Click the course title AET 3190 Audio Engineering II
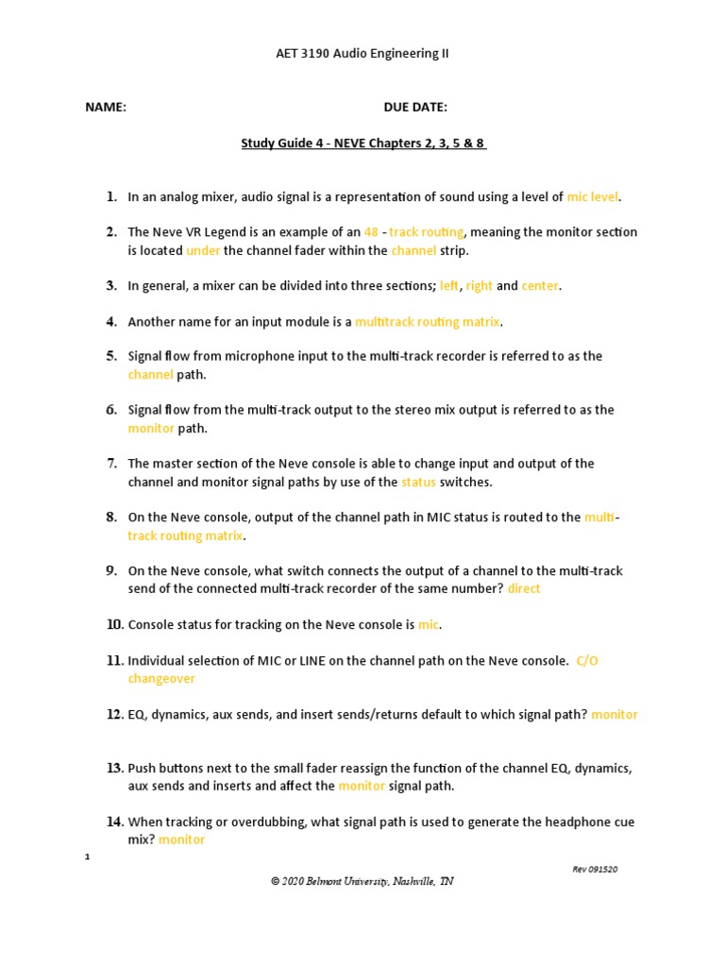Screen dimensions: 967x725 click(362, 54)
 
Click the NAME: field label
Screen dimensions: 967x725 click(106, 108)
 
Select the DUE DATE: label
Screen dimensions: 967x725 click(415, 108)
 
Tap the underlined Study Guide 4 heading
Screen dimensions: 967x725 click(363, 144)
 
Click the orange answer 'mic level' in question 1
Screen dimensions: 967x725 click(593, 197)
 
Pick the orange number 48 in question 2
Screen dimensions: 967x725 click(371, 232)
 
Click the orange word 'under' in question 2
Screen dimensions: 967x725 click(202, 251)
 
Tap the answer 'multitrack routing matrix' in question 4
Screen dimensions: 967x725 click(428, 322)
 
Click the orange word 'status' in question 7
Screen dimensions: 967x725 click(418, 483)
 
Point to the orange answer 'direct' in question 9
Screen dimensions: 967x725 click(524, 589)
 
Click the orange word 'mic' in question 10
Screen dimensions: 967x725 click(429, 625)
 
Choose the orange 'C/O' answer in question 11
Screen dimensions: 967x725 click(587, 661)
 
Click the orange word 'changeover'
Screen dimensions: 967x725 click(161, 679)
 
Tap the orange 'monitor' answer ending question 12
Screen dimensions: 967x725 click(615, 715)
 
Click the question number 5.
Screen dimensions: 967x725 click(111, 357)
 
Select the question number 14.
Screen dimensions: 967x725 click(114, 823)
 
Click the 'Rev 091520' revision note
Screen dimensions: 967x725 click(595, 870)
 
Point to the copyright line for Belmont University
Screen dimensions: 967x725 click(362, 881)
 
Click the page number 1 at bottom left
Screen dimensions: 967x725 click(88, 857)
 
